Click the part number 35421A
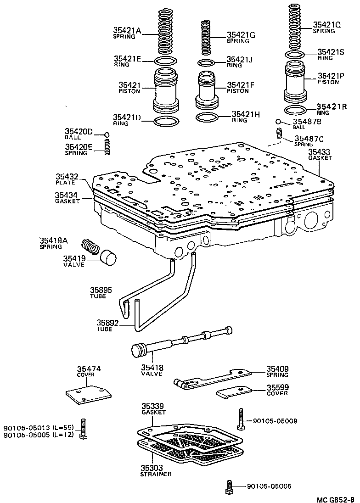pos(127,31)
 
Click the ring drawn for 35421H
pos(208,117)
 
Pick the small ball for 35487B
pos(279,122)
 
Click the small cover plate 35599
pos(234,393)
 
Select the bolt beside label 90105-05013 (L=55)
pos(83,429)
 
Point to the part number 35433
pos(320,151)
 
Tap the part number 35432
pos(67,176)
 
